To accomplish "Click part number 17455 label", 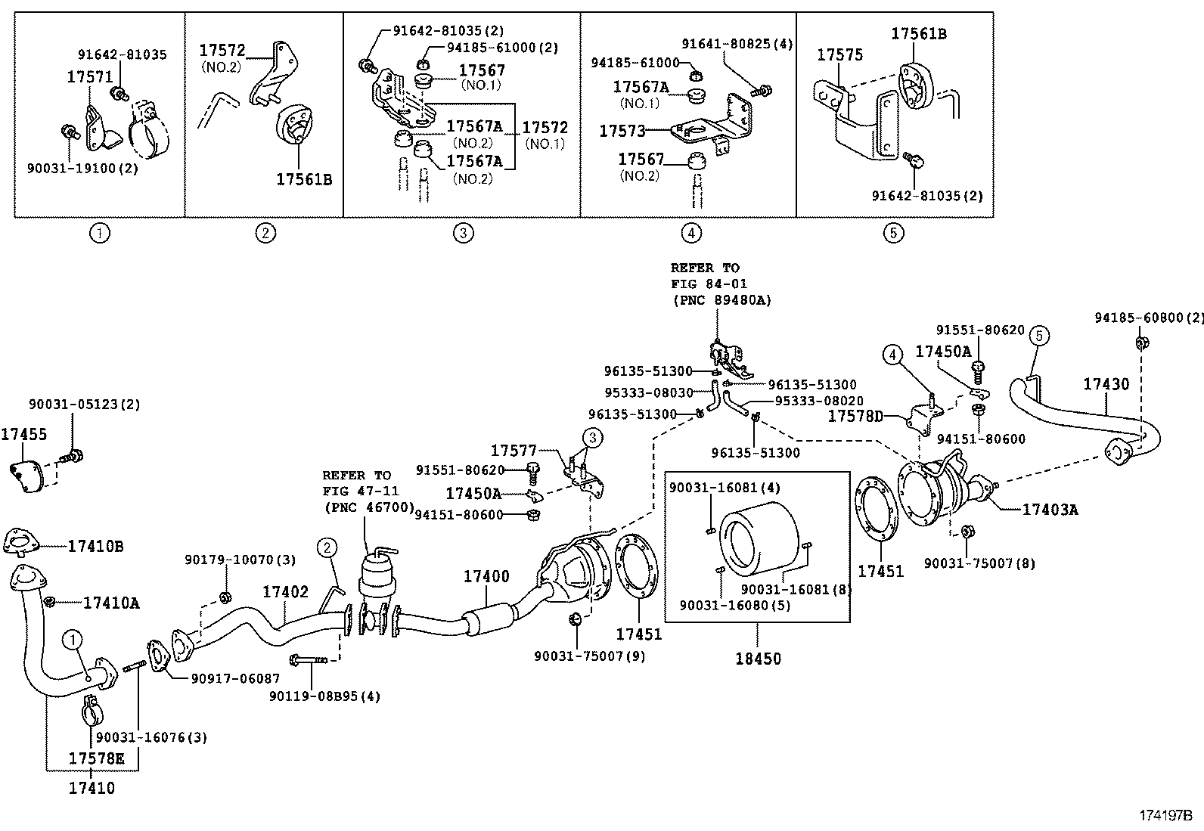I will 23,434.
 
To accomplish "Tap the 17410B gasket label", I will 95,545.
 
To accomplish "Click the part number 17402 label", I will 285,591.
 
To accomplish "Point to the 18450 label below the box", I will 758,658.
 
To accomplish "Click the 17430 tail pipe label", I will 1106,384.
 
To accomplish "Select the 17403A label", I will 1050,510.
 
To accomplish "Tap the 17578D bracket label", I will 855,416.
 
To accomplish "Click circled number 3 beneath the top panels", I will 464,233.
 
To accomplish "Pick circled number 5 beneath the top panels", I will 893,233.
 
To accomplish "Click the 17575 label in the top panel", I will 839,54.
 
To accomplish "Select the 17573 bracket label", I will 622,131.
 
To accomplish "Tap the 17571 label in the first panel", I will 90,77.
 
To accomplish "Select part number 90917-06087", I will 225,679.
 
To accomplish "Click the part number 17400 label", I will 486,576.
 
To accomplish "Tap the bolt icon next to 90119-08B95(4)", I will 308,659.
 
